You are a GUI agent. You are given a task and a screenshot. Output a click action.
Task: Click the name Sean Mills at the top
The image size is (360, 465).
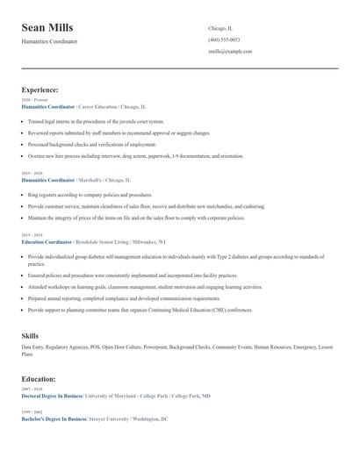47,28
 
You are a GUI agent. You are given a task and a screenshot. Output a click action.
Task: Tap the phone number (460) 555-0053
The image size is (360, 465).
224,39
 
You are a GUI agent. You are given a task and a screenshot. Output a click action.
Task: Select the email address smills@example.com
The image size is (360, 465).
230,52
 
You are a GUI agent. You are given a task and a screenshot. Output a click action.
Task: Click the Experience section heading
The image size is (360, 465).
40,89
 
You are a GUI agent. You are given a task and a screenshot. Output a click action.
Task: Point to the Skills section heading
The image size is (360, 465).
30,335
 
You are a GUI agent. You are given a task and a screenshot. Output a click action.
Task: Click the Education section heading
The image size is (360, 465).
39,379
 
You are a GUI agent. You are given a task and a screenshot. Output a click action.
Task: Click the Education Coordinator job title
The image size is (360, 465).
47,241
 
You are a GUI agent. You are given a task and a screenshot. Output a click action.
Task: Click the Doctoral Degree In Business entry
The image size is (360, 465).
54,396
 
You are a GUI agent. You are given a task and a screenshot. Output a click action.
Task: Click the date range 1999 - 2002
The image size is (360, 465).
31,412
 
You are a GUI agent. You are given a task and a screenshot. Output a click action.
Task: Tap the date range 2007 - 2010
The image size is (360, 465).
31,389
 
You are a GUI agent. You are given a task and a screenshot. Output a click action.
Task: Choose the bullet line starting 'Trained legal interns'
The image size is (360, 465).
96,122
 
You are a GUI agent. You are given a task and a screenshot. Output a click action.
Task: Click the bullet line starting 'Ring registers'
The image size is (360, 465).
90,195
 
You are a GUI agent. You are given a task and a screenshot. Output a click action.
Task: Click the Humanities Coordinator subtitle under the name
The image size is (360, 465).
49,41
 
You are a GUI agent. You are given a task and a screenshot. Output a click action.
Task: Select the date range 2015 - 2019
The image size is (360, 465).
31,235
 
